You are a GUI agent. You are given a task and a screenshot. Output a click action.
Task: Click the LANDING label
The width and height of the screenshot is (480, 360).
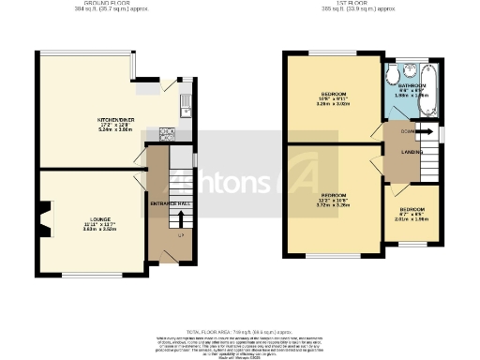[409, 153]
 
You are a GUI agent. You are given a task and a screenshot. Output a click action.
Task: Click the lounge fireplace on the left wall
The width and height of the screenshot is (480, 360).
[44, 221]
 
